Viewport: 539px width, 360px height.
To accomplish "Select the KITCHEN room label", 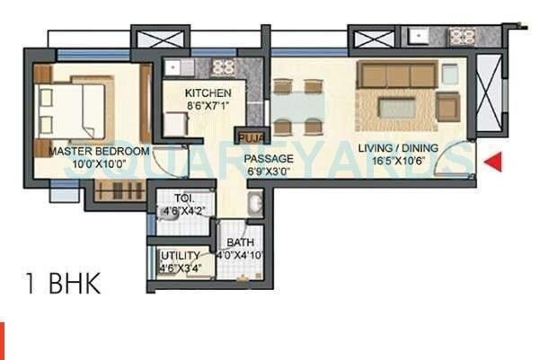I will click(208, 92).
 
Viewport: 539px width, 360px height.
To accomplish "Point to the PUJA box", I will click(247, 137).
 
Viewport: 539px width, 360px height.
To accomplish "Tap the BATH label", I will click(240, 242).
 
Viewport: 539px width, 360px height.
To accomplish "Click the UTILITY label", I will click(181, 255).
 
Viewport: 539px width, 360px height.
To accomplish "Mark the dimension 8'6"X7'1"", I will click(208, 105).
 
